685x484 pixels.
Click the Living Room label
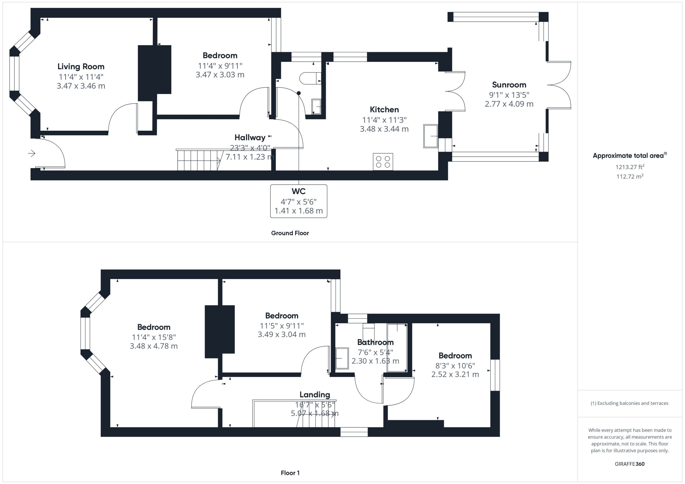pos(81,67)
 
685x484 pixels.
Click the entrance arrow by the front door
pos(32,153)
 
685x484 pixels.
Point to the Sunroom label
pos(509,85)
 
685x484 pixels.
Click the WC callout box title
pos(299,191)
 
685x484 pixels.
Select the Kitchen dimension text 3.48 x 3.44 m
pos(384,129)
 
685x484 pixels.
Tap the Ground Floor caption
pos(290,233)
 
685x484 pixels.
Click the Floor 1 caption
pos(290,473)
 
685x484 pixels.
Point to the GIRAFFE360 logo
pos(630,464)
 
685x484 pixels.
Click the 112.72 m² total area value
pos(630,176)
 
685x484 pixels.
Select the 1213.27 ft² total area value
pos(630,167)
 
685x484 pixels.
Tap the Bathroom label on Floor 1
pos(375,342)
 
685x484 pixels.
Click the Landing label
pos(315,394)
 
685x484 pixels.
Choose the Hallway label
pos(250,137)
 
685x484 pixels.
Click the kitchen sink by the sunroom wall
pos(431,136)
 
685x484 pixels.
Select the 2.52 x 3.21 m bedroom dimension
pos(455,374)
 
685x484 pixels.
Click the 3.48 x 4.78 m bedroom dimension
pos(154,346)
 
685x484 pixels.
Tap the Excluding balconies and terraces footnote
pos(630,403)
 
